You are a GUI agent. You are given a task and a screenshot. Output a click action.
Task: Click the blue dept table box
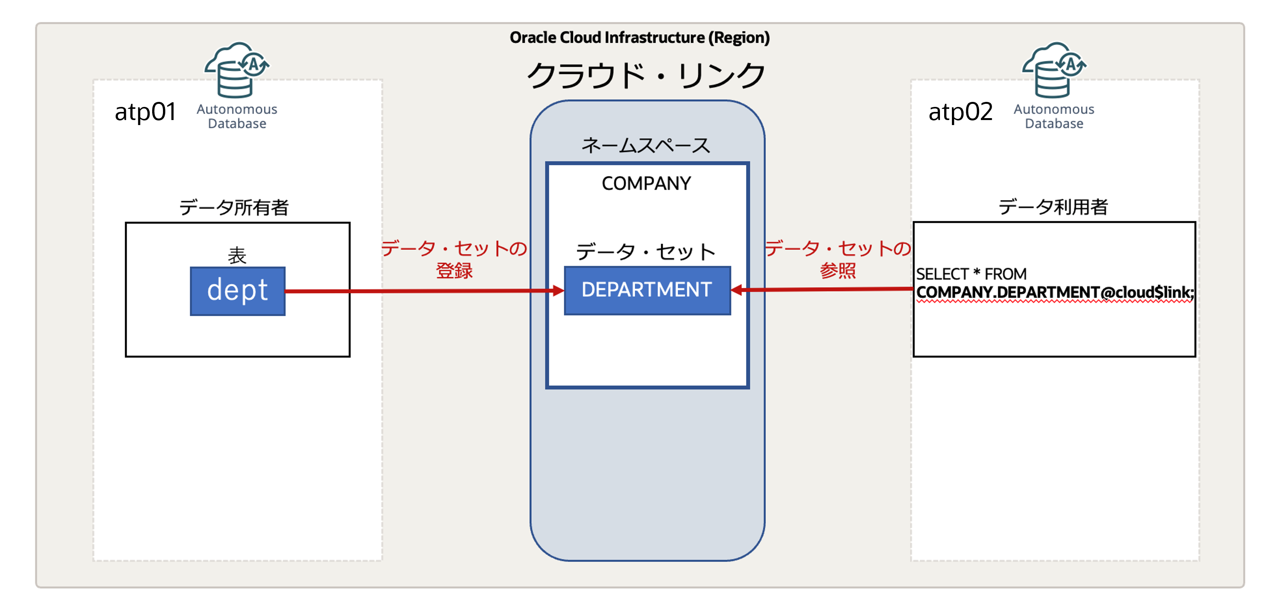tap(237, 291)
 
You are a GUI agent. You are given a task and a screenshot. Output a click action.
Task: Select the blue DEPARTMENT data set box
tap(646, 290)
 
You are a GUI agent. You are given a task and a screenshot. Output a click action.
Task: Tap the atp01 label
tap(145, 112)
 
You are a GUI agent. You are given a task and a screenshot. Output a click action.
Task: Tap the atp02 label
tap(960, 112)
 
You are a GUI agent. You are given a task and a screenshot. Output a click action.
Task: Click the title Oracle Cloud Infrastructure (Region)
tap(639, 38)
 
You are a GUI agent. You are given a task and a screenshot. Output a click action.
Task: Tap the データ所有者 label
tap(234, 207)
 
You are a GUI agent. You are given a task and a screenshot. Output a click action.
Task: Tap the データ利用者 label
tap(1053, 207)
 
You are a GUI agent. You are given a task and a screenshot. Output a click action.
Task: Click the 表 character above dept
tap(237, 256)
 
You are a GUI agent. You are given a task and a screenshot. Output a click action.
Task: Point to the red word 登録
tap(454, 271)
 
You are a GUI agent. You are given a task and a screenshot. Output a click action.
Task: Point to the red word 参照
tap(838, 271)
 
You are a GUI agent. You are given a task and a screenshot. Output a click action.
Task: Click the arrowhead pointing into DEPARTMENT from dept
tap(558, 291)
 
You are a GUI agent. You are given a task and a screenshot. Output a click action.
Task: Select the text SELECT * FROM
tap(971, 274)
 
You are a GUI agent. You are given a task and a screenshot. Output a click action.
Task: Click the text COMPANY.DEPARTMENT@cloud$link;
tap(1055, 292)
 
